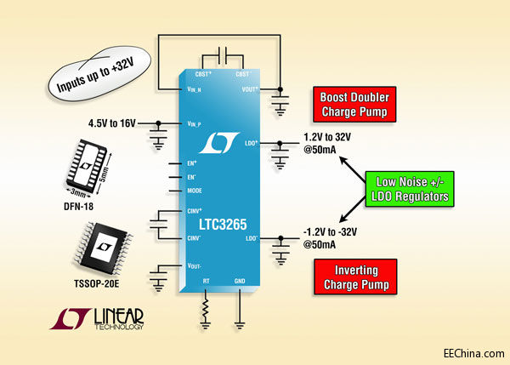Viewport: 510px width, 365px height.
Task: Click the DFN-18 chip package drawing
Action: tap(92, 166)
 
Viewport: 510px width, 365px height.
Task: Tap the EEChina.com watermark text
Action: tap(470, 352)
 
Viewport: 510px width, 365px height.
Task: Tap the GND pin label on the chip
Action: tap(241, 278)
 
